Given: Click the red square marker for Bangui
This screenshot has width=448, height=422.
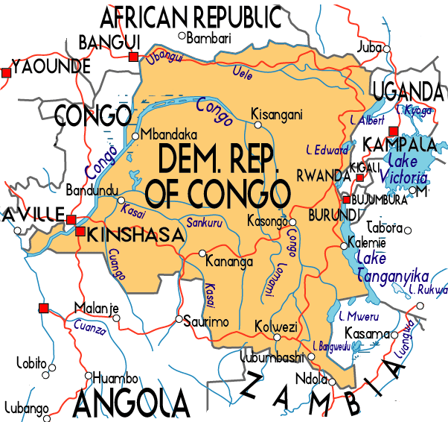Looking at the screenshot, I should pos(133,57).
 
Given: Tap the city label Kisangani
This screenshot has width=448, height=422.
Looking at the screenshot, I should pos(277,115).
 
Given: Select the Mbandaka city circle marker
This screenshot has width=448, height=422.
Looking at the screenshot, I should pos(135,136).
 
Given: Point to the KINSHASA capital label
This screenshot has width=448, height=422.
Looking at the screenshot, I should pos(135,236).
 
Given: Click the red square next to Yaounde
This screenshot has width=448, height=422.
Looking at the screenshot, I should pos(6,72).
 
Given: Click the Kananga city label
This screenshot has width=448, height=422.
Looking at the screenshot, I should pos(231,262).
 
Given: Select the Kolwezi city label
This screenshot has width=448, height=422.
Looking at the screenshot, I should pos(276,327).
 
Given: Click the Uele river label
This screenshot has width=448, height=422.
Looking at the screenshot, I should pos(243,74).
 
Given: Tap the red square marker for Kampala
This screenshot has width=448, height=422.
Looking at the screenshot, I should pos(394,130).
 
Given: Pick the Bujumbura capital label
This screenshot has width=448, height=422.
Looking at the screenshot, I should pos(380,200).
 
